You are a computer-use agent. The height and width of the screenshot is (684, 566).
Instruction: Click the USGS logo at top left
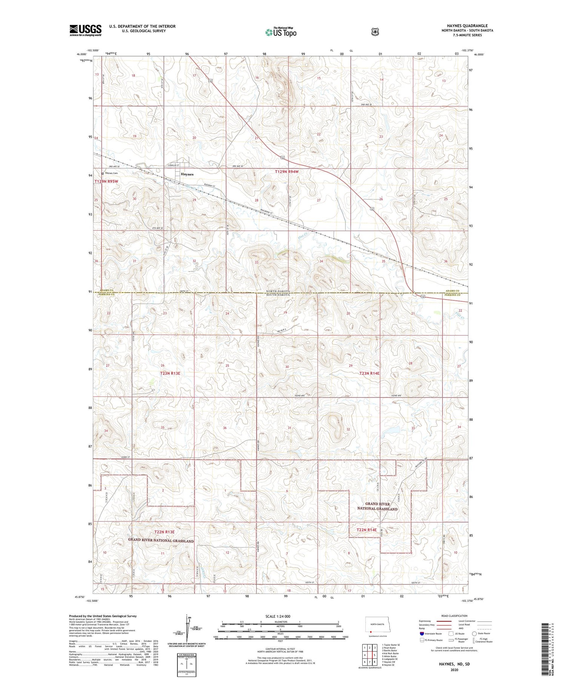point(85,30)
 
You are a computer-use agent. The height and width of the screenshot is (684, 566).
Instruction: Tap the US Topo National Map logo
point(281,32)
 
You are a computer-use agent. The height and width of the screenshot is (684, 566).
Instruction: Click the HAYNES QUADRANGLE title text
point(467,26)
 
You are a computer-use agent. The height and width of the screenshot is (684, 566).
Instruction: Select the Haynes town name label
point(187,174)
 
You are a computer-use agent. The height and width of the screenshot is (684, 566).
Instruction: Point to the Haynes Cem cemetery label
point(111,173)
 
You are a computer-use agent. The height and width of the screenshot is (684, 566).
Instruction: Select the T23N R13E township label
point(170,373)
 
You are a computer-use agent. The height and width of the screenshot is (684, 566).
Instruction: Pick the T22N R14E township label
point(367,530)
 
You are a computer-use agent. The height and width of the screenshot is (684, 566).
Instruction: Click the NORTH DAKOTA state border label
point(278,292)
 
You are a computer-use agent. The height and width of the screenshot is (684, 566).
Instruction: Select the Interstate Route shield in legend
point(422,633)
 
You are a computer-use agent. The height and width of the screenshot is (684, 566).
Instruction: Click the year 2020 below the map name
point(454,670)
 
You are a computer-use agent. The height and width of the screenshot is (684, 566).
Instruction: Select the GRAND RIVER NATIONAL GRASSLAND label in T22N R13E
point(161,541)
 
